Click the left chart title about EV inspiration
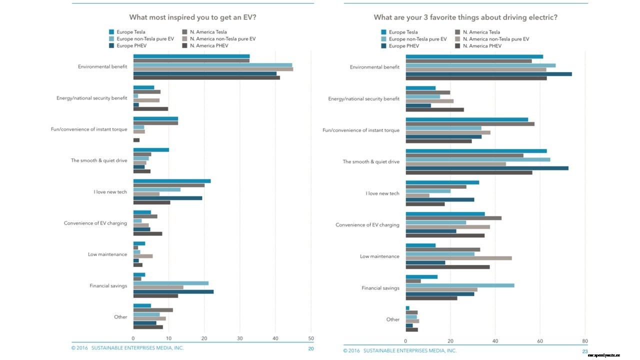point(193,17)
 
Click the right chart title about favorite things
point(465,17)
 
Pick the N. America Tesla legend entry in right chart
point(480,32)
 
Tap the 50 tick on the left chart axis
point(311,338)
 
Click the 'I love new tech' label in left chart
point(110,192)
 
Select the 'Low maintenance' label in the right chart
point(379,256)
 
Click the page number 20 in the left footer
point(311,348)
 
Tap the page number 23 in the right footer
point(584,351)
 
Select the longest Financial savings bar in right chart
point(459,285)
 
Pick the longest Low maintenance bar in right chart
point(458,258)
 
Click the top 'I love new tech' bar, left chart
point(172,181)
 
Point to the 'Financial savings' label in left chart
point(108,286)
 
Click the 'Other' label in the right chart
point(393,319)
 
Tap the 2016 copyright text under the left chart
point(127,348)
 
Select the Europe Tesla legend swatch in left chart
point(112,32)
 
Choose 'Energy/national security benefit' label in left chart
point(92,98)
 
